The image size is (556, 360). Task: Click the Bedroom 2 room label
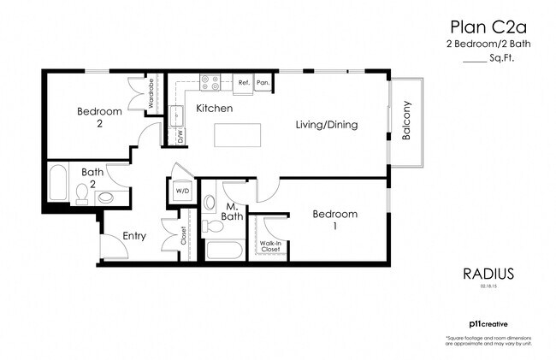95,117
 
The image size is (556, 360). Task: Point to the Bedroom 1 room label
334,220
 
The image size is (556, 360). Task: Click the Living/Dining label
326,125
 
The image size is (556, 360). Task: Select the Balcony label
407,122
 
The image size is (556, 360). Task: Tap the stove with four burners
210,83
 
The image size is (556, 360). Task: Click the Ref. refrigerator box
243,84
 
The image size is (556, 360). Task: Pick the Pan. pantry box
263,84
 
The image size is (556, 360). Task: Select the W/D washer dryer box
182,192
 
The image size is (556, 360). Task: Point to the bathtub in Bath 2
58,184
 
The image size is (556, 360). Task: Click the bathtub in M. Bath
224,251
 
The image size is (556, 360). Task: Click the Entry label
135,236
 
